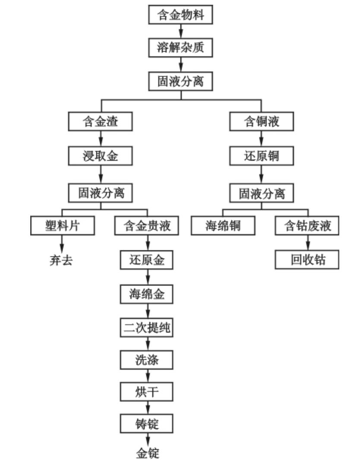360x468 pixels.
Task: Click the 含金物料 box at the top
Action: pos(180,15)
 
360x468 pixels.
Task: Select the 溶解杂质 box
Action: pos(180,47)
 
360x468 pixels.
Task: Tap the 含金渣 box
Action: pos(100,122)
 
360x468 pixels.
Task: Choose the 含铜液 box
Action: pos(261,122)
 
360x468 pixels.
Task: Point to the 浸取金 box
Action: pos(100,157)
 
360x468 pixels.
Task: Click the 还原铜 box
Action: pos(261,157)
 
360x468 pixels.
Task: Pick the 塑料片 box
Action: pos(62,226)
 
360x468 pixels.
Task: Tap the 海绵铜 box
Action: pos(223,226)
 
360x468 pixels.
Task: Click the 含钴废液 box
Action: pos(307,226)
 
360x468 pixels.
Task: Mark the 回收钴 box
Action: pos(307,260)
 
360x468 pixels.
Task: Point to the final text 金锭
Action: pos(148,453)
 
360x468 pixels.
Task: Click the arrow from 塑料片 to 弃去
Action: pos(62,244)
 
